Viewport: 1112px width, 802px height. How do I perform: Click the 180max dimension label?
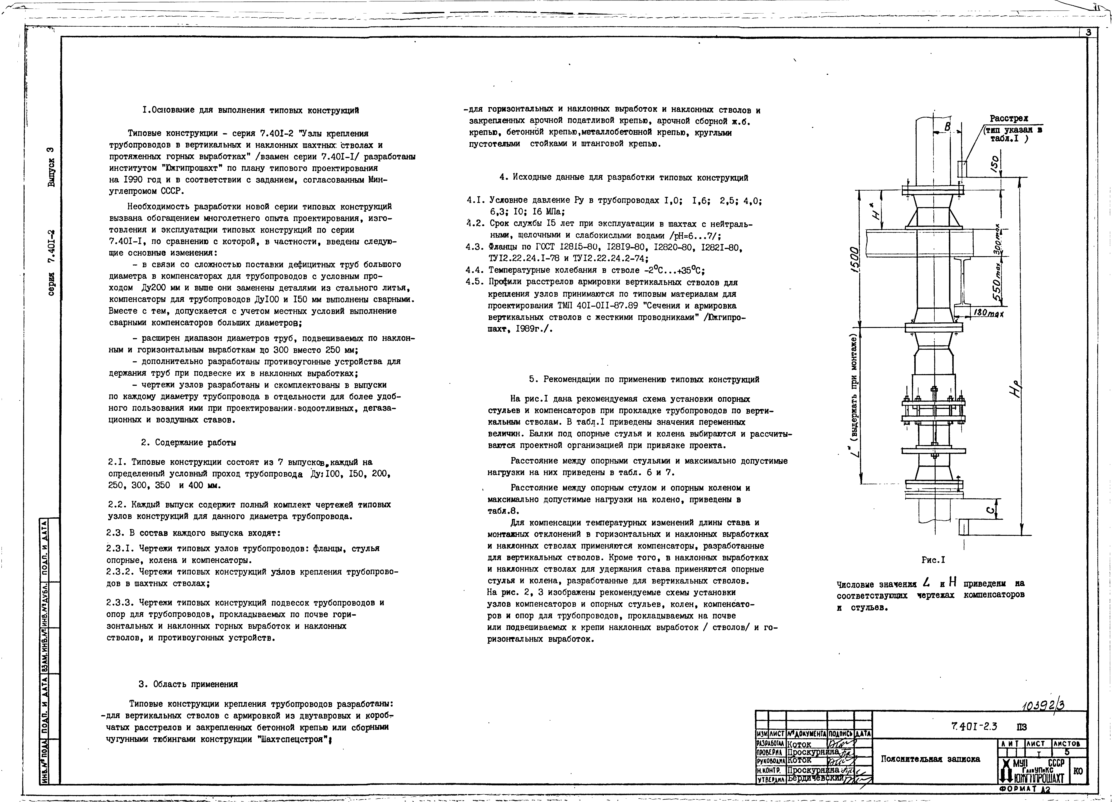tap(989, 313)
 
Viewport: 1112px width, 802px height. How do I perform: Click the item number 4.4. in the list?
tap(476, 270)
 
